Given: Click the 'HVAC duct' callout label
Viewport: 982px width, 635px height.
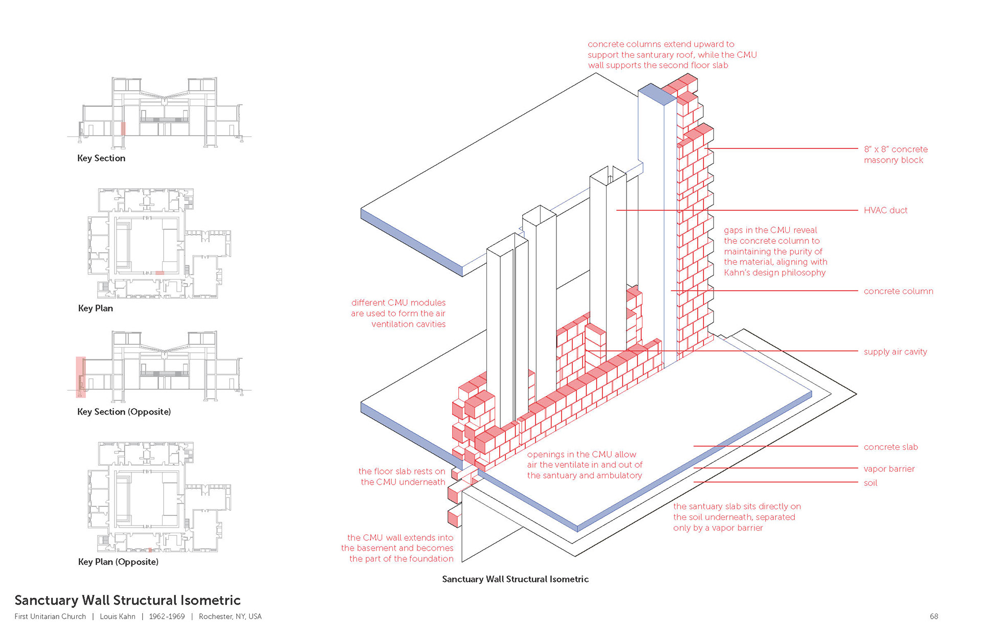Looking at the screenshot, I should tap(885, 210).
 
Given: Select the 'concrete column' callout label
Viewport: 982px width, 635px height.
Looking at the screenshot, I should tap(898, 291).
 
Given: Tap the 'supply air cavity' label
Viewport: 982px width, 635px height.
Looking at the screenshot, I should tap(895, 352).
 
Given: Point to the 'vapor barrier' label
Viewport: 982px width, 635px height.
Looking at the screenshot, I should tap(889, 469).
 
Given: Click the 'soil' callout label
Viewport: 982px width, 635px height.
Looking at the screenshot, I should tap(870, 483).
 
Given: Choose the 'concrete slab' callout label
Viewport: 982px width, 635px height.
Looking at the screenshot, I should tap(890, 447).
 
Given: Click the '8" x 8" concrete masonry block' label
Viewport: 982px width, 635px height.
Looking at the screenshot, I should tap(896, 154).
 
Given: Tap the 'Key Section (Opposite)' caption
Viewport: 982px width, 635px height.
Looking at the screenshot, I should tap(124, 412).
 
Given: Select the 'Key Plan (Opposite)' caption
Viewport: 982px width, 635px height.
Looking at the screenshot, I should tap(118, 561).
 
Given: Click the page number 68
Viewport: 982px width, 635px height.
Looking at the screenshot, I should tap(934, 616).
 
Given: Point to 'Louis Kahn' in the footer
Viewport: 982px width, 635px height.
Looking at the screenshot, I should tap(118, 616).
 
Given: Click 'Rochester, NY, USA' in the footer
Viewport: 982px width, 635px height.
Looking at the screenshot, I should tap(230, 616).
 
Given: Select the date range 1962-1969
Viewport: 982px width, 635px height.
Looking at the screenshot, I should tap(167, 616).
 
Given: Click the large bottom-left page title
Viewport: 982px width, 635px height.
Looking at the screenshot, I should tap(127, 600).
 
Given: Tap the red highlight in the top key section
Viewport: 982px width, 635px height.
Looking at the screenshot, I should tap(123, 128).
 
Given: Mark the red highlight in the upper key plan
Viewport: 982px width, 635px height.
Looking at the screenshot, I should tap(160, 273).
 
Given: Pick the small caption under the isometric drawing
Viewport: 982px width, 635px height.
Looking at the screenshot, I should tap(515, 579).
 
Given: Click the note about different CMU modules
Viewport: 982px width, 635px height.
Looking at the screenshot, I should tap(398, 313).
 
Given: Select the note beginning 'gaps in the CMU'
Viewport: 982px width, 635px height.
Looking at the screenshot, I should tap(775, 251).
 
